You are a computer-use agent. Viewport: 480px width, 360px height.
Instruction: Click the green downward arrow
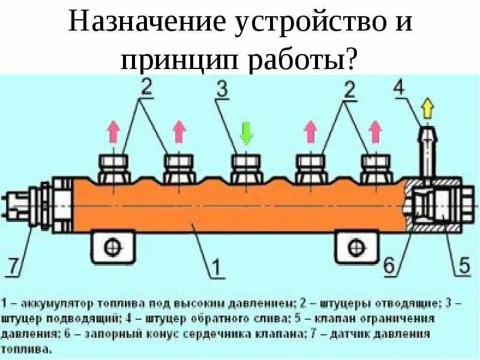coord(245,133)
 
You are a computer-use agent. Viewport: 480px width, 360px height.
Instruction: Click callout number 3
coord(222,91)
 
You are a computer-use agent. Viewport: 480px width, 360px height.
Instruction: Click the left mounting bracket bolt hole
coord(113,246)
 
